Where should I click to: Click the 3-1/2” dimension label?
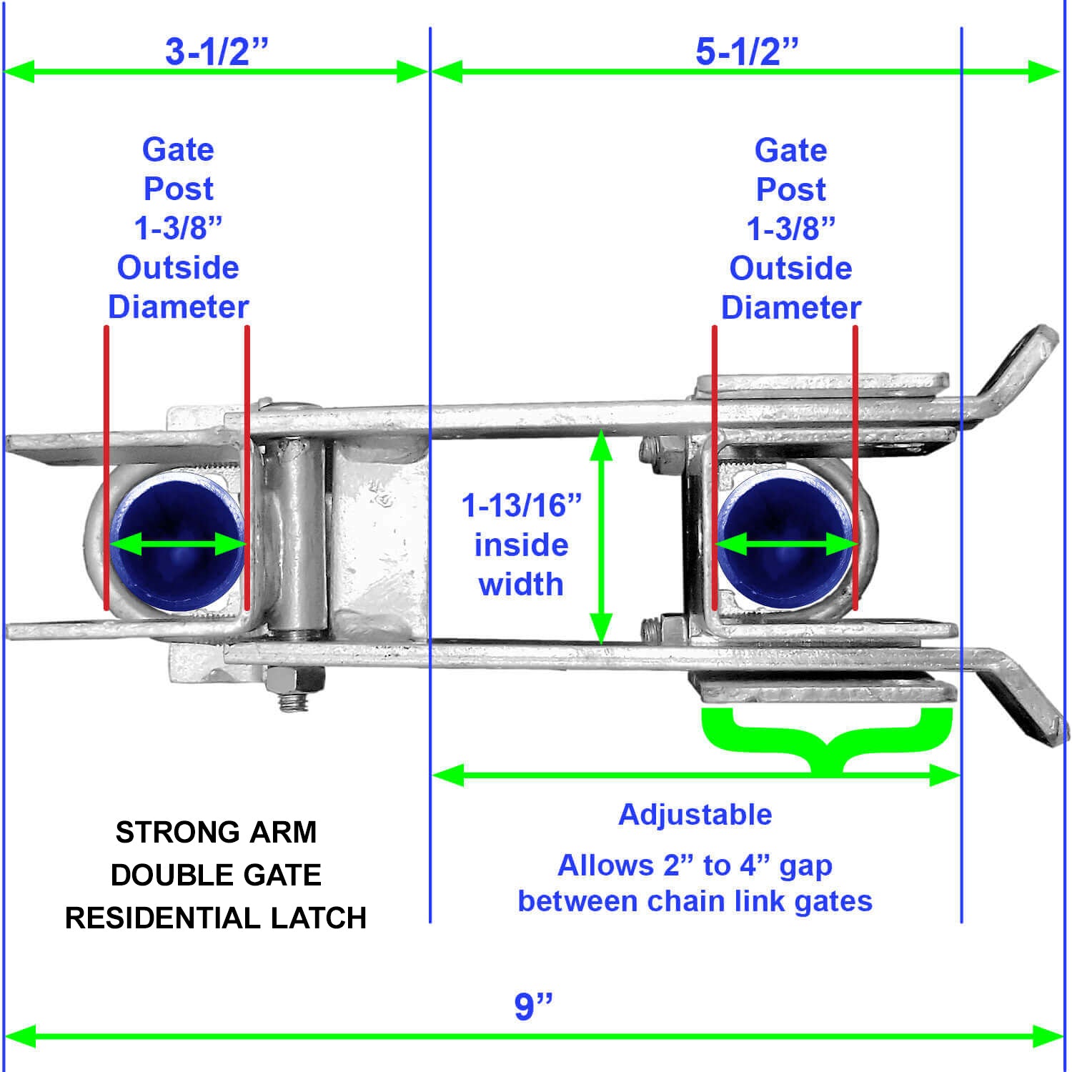[x=217, y=51]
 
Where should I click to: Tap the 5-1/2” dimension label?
[x=747, y=51]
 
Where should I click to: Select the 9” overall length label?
[x=534, y=1006]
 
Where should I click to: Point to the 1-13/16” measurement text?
[x=522, y=505]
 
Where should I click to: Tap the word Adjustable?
[x=695, y=814]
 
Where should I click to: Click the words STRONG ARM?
[x=216, y=833]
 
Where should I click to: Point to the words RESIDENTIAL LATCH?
[x=216, y=918]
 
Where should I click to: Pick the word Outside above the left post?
[x=178, y=267]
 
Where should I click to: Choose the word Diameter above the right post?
[x=790, y=307]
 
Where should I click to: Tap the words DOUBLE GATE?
[x=216, y=875]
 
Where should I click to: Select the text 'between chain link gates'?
[x=695, y=901]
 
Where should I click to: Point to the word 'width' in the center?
[x=521, y=584]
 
